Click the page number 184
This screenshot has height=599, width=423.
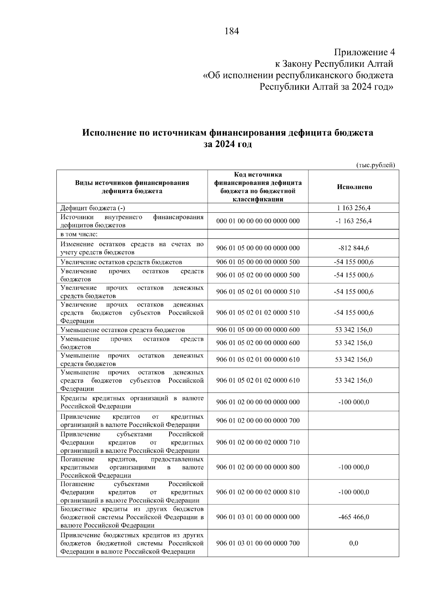click(232, 31)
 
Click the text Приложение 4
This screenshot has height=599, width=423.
click(364, 53)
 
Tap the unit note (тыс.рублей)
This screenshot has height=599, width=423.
click(375, 165)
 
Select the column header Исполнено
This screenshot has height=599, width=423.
click(354, 187)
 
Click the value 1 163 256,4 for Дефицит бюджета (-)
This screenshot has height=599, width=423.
click(354, 208)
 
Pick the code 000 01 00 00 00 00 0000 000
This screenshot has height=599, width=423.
click(258, 221)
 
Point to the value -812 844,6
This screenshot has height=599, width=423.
click(354, 248)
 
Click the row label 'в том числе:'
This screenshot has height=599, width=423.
click(79, 234)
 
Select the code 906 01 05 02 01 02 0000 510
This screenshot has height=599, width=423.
click(258, 313)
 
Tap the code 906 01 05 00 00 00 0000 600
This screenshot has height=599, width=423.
click(258, 330)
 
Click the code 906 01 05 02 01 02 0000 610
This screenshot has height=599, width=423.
click(258, 380)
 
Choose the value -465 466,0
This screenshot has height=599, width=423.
click(354, 517)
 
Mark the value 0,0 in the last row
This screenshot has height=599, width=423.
click(354, 543)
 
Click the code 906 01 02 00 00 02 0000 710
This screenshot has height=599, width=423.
click(258, 442)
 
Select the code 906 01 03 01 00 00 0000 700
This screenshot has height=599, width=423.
click(258, 543)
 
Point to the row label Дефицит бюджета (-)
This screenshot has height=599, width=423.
click(92, 208)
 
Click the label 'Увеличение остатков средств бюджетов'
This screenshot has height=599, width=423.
click(121, 262)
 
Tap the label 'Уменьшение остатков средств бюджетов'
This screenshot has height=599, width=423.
click(122, 330)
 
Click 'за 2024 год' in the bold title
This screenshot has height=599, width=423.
click(228, 144)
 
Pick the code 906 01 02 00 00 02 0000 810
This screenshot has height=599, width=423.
click(258, 492)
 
